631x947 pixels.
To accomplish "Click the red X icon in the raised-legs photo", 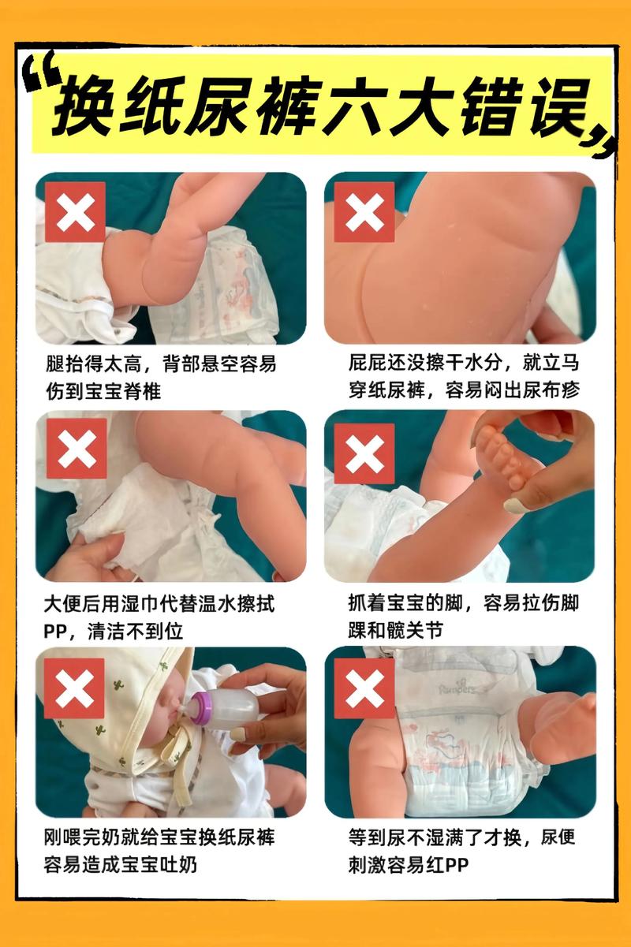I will point(75,211).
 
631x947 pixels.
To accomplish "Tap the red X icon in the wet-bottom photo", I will point(364,211).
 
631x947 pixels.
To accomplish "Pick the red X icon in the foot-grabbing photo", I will point(364,453).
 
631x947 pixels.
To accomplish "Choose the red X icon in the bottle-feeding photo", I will point(74,688).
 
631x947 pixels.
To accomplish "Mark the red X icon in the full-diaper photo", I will point(364,688).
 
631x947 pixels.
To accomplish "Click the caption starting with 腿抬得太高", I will point(161,364).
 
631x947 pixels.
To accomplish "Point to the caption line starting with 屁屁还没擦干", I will point(463,364).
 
